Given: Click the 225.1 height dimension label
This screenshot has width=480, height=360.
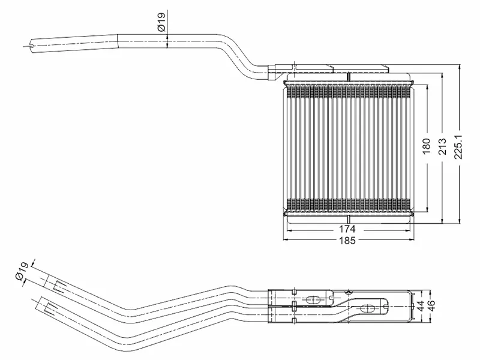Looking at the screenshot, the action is pos(459,147).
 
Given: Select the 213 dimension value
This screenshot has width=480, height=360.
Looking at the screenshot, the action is pos(443,146).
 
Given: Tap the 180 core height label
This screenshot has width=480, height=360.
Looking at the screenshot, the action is pos(427,146).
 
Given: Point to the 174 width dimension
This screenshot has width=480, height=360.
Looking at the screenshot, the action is pos(347,229).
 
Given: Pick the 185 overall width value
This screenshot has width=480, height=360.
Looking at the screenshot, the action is pos(347,241).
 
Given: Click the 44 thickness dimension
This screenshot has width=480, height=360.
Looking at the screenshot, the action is pos(421,306).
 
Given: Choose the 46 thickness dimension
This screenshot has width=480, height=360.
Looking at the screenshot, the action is pos(431,306).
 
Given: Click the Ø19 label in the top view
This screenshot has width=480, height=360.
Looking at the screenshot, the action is pos(161,22).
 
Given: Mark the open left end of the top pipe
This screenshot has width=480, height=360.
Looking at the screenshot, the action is pos(32,46).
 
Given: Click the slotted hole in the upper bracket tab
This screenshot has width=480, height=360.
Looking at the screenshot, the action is pos(313,299).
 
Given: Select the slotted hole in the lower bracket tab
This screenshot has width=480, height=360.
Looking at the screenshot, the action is pos(367,308).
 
